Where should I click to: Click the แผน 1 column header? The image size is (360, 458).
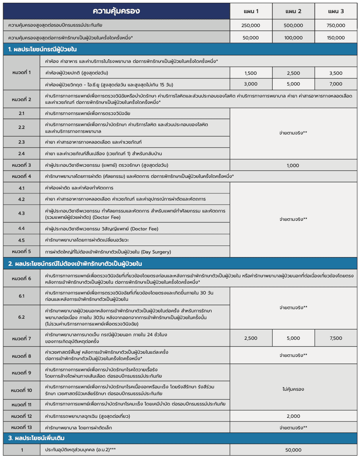coord(251,11)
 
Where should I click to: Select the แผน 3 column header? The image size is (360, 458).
coord(336,11)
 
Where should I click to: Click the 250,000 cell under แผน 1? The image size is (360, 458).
coord(251,25)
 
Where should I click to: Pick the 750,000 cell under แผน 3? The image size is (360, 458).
coord(336,25)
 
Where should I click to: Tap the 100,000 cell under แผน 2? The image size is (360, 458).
coord(294,38)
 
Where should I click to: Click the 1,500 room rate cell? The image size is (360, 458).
coord(251,73)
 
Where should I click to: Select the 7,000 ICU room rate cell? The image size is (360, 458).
coord(336,84)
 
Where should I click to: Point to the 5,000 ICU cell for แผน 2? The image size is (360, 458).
coord(294,84)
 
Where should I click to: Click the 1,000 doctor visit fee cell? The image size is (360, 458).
coord(293,165)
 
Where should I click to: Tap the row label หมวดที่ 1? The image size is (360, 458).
coord(21,72)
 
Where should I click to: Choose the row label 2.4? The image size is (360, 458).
coord(21,154)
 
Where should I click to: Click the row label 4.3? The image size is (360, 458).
coord(21,214)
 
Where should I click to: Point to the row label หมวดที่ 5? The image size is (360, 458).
coord(21,251)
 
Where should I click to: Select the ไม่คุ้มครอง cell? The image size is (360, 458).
coord(293,389)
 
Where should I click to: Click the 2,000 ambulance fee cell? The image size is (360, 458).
coord(293,416)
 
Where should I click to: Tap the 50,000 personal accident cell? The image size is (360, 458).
coord(293,450)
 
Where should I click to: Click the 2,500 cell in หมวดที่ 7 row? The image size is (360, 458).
coord(251,338)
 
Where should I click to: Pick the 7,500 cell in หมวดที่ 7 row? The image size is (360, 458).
coord(336,338)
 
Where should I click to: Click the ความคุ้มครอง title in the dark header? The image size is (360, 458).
coord(116,11)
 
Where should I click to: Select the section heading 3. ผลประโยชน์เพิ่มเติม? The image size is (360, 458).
coord(37,439)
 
